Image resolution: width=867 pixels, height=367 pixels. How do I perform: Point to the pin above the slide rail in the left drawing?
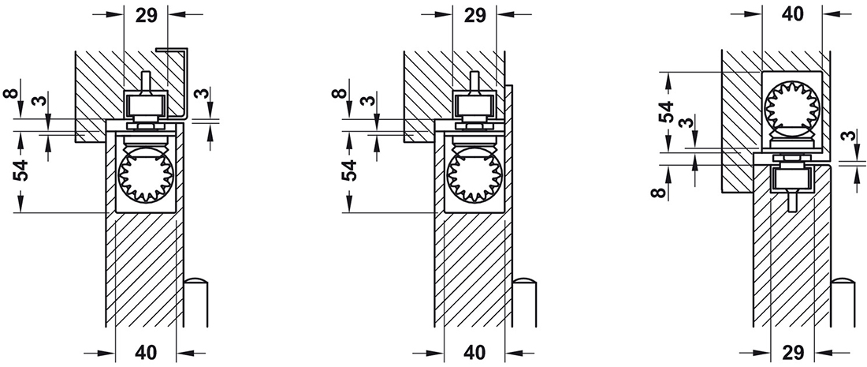[x=145, y=82]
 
